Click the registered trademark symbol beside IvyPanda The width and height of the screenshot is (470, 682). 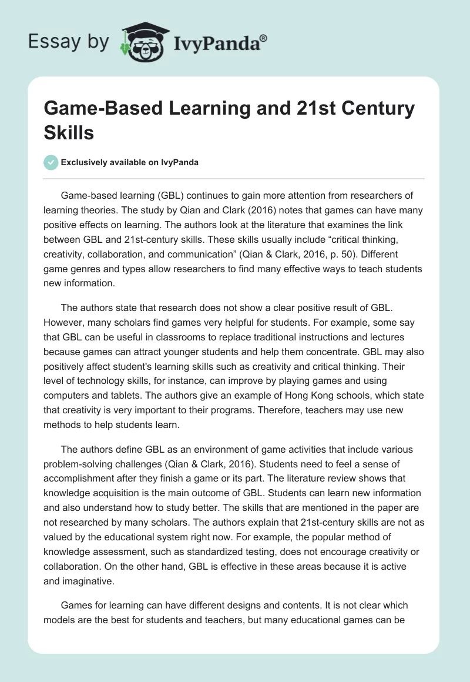264,39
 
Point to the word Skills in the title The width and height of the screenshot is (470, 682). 69,132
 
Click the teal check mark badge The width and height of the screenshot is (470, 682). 51,162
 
